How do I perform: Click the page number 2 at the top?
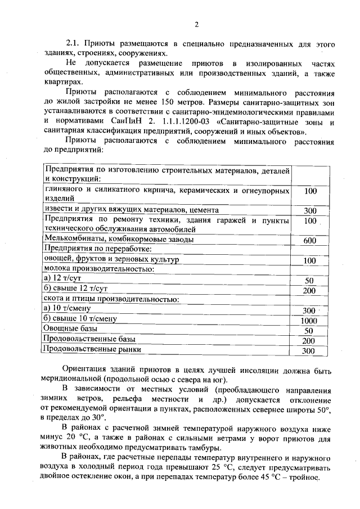196,24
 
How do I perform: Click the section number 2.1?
74,43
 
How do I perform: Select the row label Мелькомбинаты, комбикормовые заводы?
119,239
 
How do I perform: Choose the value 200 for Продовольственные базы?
308,340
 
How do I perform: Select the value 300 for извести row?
310,210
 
